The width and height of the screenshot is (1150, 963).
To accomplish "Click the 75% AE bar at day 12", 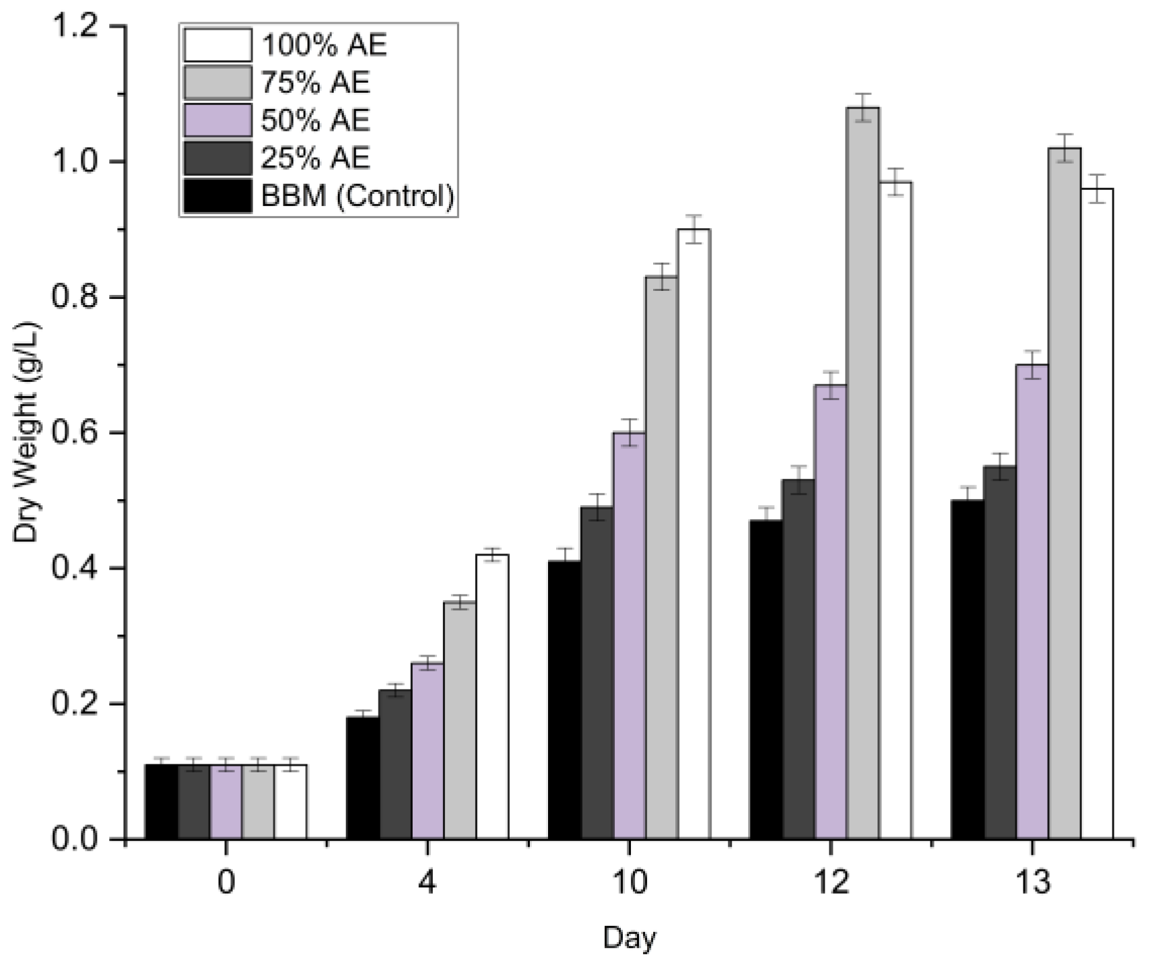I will click(862, 471).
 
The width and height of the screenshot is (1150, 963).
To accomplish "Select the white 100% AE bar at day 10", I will click(694, 532).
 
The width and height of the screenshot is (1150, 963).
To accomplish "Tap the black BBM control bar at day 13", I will click(967, 667).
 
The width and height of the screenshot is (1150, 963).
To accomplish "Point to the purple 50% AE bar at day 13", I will click(1031, 599).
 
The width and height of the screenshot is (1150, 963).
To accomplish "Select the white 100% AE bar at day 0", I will click(291, 801).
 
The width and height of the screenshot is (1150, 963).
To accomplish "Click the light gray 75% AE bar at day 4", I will click(460, 721).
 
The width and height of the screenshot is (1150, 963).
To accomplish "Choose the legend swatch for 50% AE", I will click(217, 121).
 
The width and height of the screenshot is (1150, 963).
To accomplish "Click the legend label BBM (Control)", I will click(358, 197).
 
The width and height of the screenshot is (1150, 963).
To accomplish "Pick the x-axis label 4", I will click(427, 883).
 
